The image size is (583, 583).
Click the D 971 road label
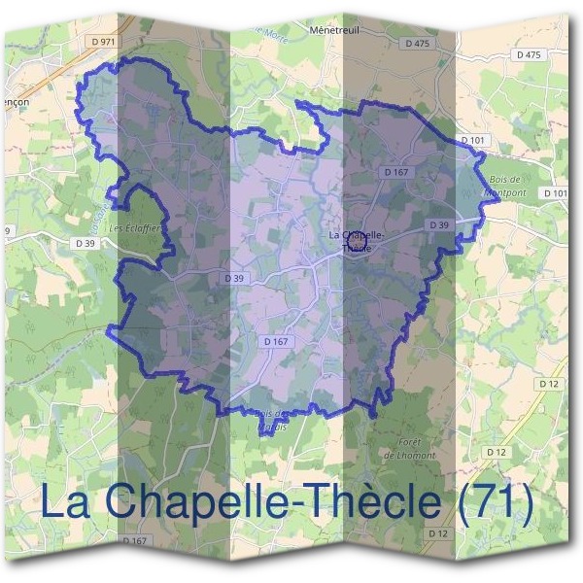click(x=100, y=43)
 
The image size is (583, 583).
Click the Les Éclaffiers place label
click(x=135, y=228)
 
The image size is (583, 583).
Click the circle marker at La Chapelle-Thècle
click(x=357, y=236)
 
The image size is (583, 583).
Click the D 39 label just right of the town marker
click(x=438, y=225)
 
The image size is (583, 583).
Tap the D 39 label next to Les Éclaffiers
click(x=85, y=242)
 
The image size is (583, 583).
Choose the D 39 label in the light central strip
click(x=235, y=278)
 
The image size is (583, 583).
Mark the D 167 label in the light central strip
click(x=277, y=341)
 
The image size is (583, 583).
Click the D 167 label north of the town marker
click(x=395, y=172)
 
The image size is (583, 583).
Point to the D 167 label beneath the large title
click(x=134, y=540)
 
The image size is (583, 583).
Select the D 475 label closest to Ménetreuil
click(x=416, y=44)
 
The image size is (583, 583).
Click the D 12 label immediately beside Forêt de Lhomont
click(x=497, y=453)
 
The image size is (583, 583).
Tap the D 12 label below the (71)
click(x=437, y=534)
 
